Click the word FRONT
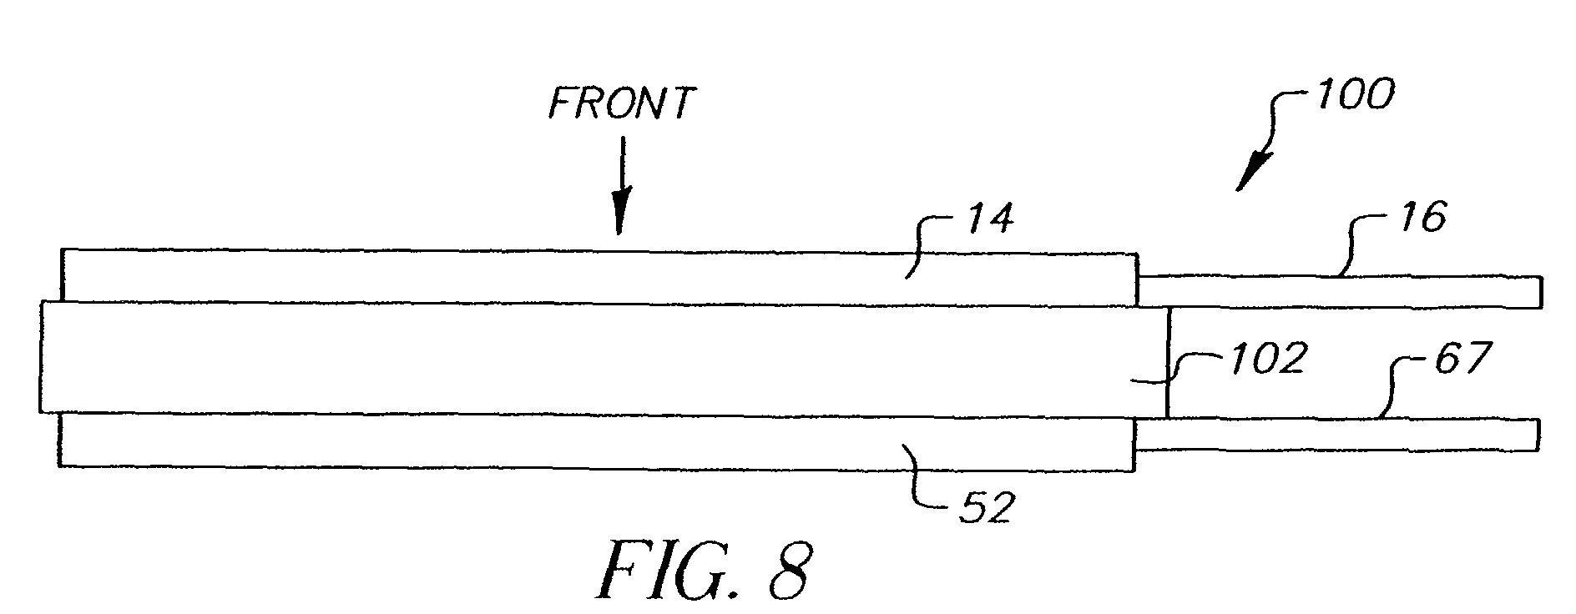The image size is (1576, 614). (620, 104)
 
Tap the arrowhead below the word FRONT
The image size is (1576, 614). (619, 218)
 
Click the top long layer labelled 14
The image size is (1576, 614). (584, 275)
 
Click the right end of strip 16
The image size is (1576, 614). (1538, 290)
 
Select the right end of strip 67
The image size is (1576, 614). (1537, 435)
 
